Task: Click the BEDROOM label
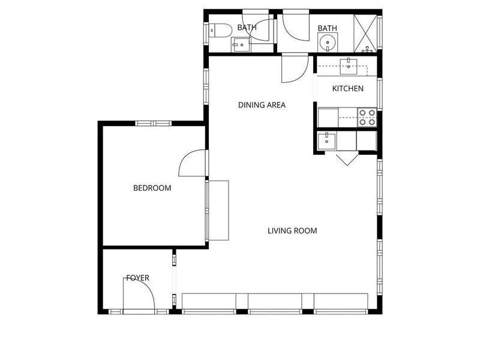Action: [x=152, y=188]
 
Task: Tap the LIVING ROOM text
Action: [x=292, y=230]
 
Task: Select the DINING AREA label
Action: [x=262, y=105]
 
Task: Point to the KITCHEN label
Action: [x=348, y=88]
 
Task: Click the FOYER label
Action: [x=138, y=278]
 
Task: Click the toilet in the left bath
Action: [x=220, y=31]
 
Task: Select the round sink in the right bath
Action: [x=328, y=43]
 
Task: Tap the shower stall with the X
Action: [x=365, y=34]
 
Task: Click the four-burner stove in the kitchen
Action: [x=367, y=117]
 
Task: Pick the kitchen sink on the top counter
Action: [x=349, y=67]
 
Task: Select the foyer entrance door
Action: [x=139, y=295]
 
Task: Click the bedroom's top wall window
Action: [x=154, y=124]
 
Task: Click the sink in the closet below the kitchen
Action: [x=326, y=142]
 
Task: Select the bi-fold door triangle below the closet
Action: [x=347, y=158]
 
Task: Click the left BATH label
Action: [x=247, y=28]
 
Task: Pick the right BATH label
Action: [x=327, y=28]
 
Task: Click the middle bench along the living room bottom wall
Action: [x=275, y=301]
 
